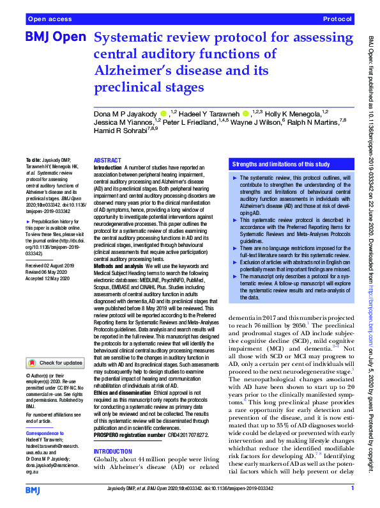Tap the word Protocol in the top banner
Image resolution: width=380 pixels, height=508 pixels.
[338, 20]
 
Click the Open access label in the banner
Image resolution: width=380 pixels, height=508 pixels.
[50, 20]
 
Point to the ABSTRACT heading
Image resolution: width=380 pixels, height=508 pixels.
[108, 161]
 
